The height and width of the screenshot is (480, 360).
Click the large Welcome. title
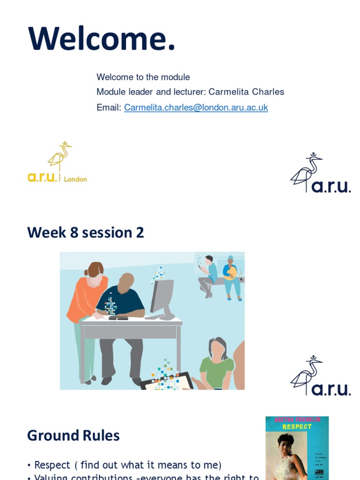click(x=102, y=39)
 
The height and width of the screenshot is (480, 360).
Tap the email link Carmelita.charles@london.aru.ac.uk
click(x=196, y=107)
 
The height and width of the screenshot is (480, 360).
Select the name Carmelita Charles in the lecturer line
click(x=246, y=92)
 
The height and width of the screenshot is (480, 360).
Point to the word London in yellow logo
click(x=75, y=179)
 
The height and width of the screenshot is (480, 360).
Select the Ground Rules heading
click(x=74, y=435)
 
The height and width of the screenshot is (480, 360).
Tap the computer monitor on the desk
click(x=162, y=297)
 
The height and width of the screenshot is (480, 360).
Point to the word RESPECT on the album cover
click(x=297, y=427)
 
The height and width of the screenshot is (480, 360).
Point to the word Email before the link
click(x=109, y=107)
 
